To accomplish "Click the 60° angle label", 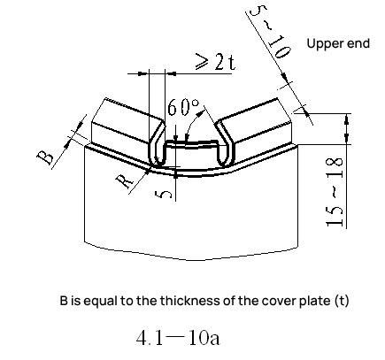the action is [183, 107].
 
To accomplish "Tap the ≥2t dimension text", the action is [216, 62].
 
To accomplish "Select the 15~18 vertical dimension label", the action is [335, 192].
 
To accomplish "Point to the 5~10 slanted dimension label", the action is [270, 31].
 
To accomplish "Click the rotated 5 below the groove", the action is [163, 195].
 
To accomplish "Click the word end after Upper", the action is [358, 43].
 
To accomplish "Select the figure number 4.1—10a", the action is [178, 338].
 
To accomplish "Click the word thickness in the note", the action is [187, 301].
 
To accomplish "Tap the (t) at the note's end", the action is [342, 301].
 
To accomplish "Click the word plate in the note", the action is [315, 302].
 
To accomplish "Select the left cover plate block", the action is [127, 121].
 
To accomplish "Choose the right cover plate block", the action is [255, 121].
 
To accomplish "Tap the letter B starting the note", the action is [64, 301].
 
